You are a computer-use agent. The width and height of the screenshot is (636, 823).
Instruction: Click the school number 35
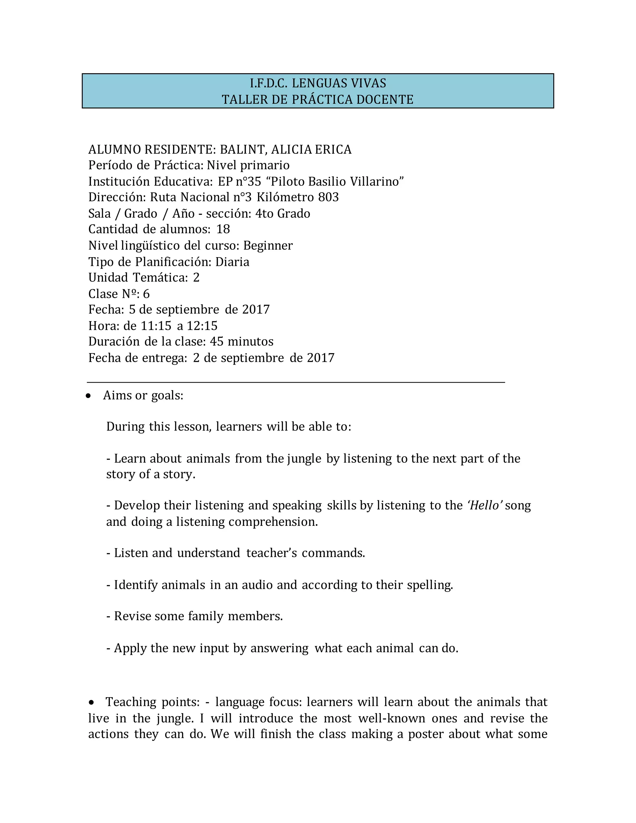click(x=254, y=182)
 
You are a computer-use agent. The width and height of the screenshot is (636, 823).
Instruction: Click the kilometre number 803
click(x=328, y=197)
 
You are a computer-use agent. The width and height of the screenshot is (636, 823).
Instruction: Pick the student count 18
click(x=223, y=229)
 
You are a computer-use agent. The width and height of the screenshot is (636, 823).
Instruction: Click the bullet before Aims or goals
click(x=88, y=396)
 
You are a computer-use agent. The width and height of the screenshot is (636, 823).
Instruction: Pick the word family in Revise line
click(x=206, y=616)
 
